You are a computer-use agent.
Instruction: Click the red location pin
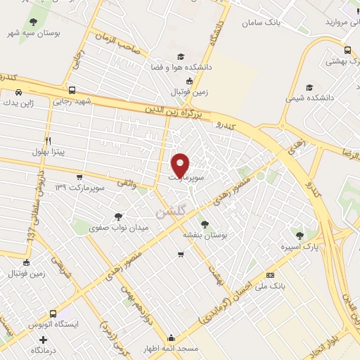[x=181, y=165]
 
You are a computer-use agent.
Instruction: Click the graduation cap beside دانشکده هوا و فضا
[x=181, y=56]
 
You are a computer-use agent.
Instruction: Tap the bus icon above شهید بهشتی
[x=347, y=50]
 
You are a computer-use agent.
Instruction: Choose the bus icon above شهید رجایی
[x=72, y=90]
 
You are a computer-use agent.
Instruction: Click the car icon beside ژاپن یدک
[x=18, y=92]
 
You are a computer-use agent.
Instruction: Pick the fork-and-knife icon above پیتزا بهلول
[x=48, y=141]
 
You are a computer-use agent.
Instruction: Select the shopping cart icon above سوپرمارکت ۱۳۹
[x=79, y=177]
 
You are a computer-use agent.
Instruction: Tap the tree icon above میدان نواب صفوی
[x=117, y=217]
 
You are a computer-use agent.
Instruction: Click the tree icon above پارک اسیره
[x=300, y=236]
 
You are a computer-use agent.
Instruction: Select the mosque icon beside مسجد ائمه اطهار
[x=172, y=337]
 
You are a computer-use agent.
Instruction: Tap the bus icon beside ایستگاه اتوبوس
[x=53, y=314]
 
